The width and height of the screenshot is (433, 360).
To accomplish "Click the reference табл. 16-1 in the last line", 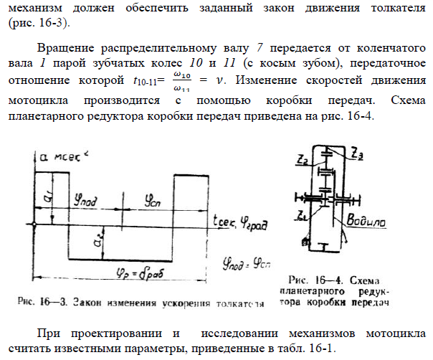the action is pyautogui.click(x=304, y=350).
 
